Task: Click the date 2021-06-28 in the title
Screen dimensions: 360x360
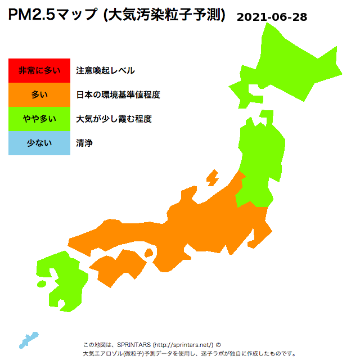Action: tap(272, 17)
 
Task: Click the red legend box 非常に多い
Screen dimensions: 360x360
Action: tap(39, 71)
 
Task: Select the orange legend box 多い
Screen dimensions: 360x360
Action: tap(39, 95)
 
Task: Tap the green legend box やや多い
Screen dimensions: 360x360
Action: tap(39, 119)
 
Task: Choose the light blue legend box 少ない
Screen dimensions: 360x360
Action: tap(39, 143)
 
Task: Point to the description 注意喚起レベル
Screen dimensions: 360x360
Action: tap(105, 71)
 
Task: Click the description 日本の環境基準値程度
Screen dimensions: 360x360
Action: tap(118, 95)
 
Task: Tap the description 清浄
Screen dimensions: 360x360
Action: tap(84, 143)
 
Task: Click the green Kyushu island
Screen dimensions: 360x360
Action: tap(65, 281)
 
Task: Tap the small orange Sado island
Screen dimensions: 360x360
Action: tap(213, 178)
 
